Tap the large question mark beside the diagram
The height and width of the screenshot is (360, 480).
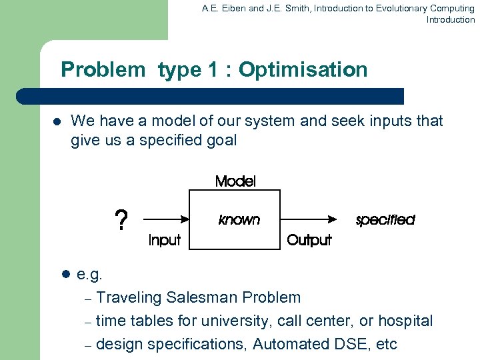click(121, 220)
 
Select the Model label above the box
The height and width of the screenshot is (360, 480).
click(235, 181)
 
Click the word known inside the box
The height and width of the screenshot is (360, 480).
click(239, 219)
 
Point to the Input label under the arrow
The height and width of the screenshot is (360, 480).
click(164, 240)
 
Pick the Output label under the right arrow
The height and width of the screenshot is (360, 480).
click(309, 240)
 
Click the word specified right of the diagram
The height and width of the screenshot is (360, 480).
click(385, 219)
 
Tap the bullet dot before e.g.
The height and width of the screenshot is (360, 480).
click(65, 274)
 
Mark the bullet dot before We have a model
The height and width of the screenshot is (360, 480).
click(56, 122)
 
